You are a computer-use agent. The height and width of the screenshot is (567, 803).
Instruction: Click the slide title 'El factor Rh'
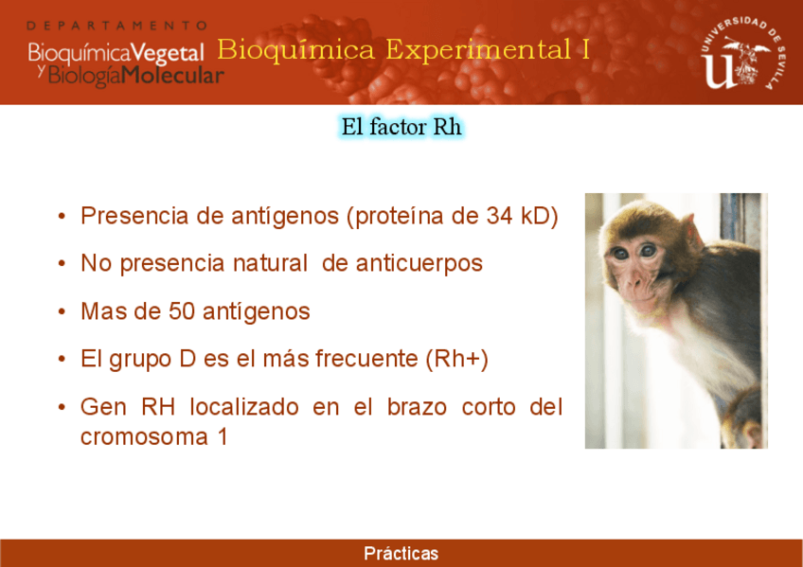tap(401, 127)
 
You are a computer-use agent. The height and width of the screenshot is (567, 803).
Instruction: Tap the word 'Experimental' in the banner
tap(478, 49)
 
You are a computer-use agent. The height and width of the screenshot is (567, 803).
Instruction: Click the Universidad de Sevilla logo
tap(743, 53)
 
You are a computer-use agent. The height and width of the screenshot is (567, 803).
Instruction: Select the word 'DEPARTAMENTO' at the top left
tap(117, 26)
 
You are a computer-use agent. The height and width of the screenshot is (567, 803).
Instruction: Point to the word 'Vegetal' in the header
tap(167, 53)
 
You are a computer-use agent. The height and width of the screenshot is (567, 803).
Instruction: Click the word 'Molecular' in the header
tap(172, 76)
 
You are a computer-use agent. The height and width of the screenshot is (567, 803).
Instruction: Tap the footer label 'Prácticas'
tap(401, 553)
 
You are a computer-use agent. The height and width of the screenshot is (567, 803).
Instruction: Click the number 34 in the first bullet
tap(499, 216)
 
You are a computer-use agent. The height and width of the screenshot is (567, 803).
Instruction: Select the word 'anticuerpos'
tap(419, 263)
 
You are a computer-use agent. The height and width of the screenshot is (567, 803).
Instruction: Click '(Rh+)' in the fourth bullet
tap(456, 359)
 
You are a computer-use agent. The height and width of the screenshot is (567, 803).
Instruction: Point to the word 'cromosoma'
tap(145, 437)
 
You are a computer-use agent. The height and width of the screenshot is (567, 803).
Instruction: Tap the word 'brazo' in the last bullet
tap(417, 407)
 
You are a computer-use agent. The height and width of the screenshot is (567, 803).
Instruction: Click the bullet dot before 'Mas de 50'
tap(62, 311)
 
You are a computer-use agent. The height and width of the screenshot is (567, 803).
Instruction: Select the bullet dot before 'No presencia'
tap(62, 264)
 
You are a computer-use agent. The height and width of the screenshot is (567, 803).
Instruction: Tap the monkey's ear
tap(692, 233)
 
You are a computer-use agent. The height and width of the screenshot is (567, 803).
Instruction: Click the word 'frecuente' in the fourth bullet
tap(366, 358)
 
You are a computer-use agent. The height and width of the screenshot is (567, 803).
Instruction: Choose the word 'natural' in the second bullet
tap(270, 263)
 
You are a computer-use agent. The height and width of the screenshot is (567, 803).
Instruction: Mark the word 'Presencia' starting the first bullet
tap(134, 216)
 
